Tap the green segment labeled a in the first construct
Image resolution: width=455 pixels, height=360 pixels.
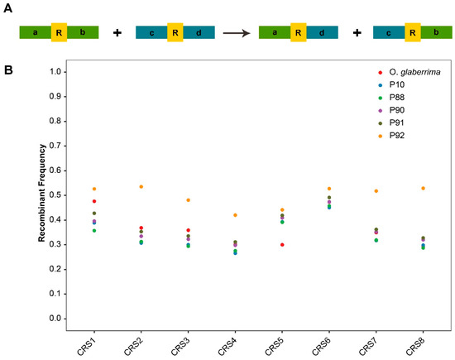pyautogui.click(x=34, y=32)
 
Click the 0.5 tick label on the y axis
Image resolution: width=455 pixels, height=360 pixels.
pyautogui.click(x=55, y=195)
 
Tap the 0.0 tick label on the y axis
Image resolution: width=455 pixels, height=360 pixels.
pyautogui.click(x=55, y=319)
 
